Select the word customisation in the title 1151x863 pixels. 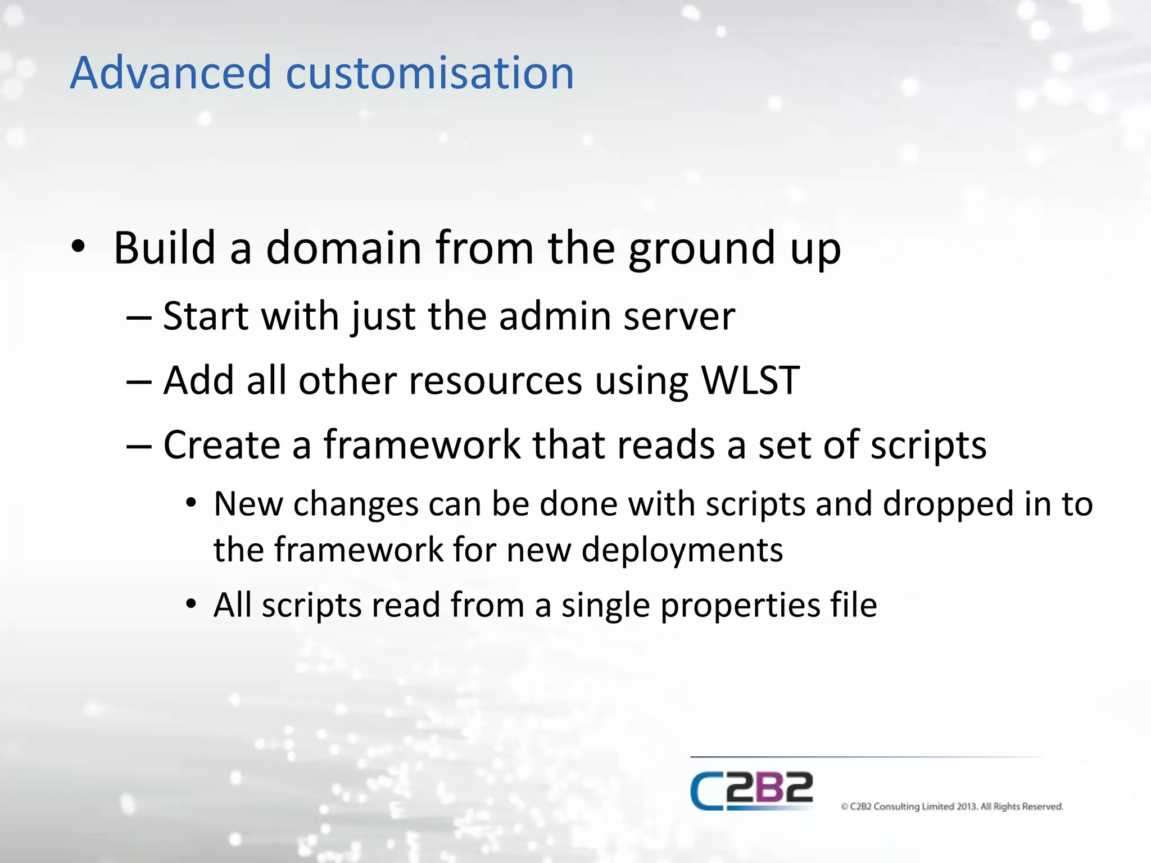[430, 73]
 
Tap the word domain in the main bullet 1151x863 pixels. [343, 248]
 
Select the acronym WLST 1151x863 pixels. [750, 381]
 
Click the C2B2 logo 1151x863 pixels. [751, 791]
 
